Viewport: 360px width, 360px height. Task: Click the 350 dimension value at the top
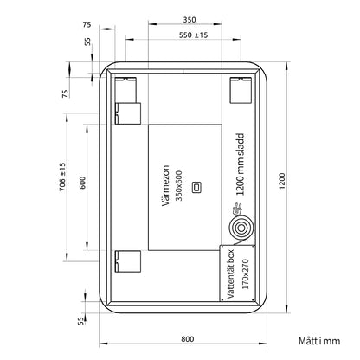190,20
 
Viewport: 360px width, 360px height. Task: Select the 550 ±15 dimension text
193,35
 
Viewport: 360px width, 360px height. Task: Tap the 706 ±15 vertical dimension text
62,177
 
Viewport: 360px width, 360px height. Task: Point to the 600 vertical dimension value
82,183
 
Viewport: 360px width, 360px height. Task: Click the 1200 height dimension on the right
282,181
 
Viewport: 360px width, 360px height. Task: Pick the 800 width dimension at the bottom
188,339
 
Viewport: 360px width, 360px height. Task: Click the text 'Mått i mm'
319,341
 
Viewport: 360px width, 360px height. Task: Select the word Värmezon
165,185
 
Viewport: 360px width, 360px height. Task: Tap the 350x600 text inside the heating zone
179,185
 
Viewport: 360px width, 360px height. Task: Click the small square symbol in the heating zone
196,187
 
